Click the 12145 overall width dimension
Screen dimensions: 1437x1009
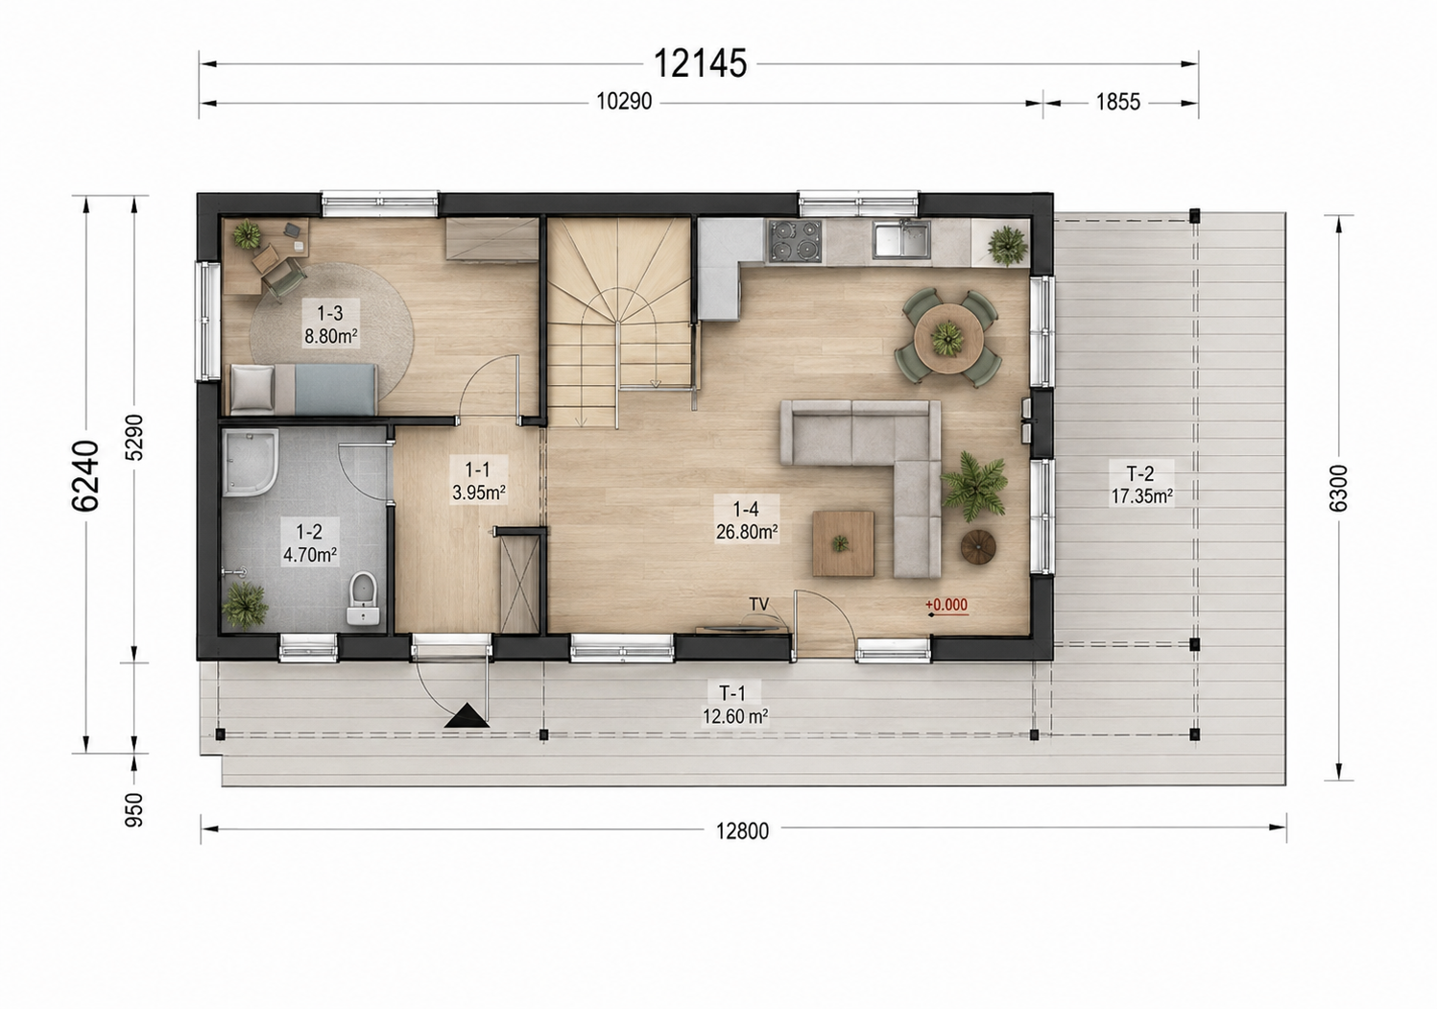(x=700, y=63)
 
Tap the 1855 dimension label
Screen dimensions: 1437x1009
(x=1118, y=102)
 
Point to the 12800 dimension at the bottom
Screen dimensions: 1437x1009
(x=742, y=830)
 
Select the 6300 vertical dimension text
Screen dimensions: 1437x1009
(x=1338, y=488)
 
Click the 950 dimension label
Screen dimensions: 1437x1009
(x=133, y=809)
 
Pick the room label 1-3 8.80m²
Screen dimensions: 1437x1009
(x=330, y=324)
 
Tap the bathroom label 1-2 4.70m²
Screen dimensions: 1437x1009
(x=310, y=542)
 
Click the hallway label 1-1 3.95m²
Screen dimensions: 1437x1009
(x=478, y=481)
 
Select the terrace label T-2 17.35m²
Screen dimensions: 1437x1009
(x=1140, y=485)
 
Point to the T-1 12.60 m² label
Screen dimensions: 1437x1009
(x=734, y=705)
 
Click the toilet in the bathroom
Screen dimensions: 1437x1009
(x=364, y=598)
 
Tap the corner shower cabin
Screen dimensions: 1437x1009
(x=251, y=463)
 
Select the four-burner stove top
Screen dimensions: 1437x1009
(x=795, y=241)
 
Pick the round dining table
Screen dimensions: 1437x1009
(x=948, y=337)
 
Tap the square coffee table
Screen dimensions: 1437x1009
(x=843, y=543)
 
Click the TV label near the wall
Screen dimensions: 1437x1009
(x=759, y=604)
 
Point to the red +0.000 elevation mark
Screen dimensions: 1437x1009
(x=946, y=604)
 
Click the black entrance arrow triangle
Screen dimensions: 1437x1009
(x=467, y=715)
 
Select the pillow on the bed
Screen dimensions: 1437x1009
(x=252, y=388)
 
